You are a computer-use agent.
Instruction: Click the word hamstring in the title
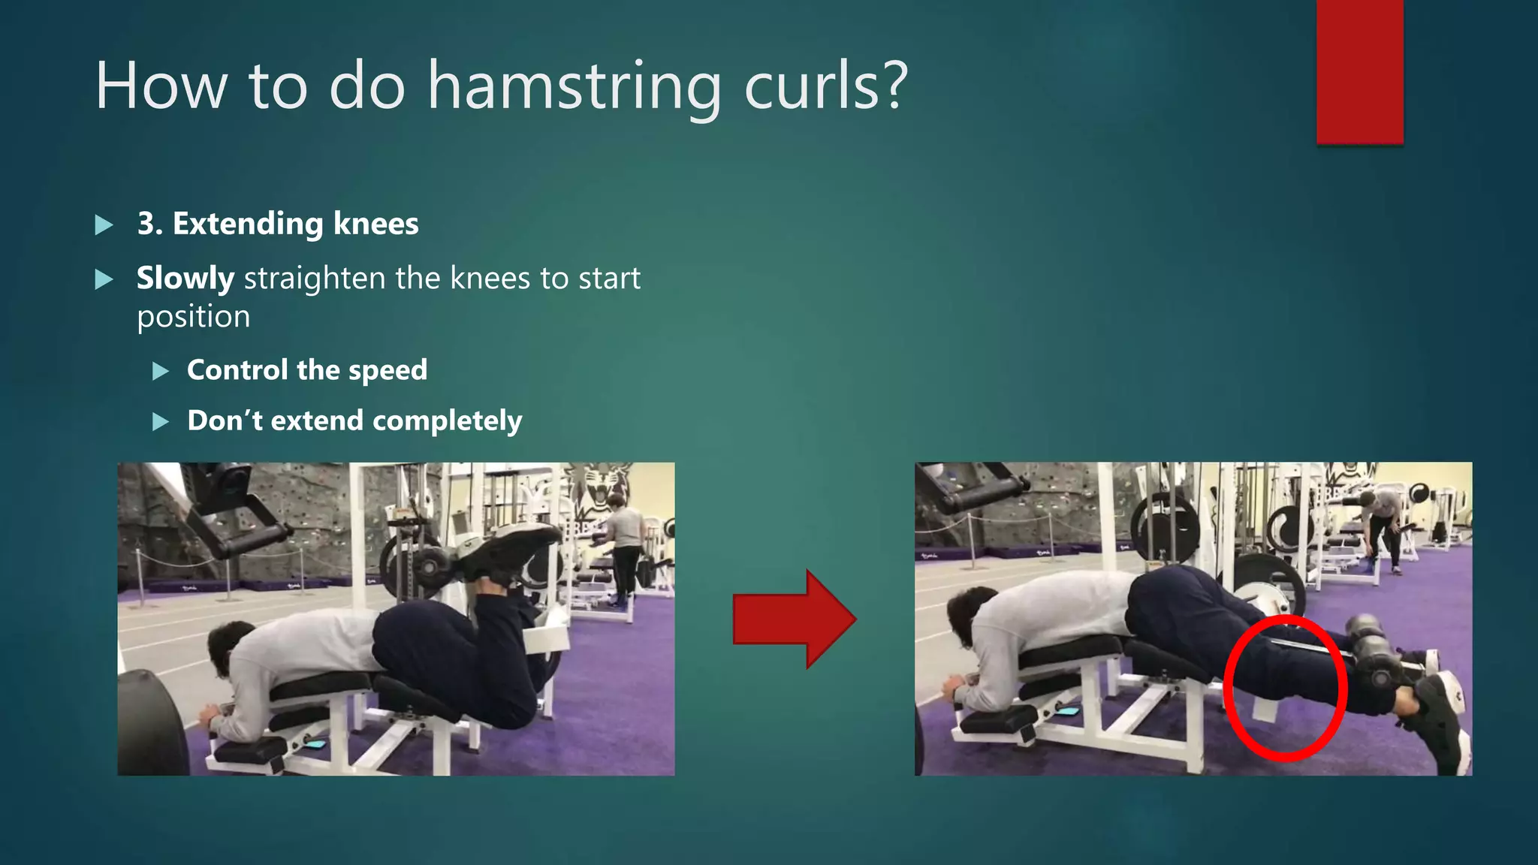[574, 87]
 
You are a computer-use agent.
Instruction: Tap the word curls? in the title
[826, 86]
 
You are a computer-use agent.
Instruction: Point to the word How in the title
[161, 86]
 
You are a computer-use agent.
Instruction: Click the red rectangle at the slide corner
[1359, 71]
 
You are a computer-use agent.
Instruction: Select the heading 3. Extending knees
[278, 224]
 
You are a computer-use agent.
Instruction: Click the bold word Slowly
[185, 279]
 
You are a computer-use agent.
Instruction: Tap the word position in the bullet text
[194, 317]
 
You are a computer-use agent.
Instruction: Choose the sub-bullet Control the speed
[307, 370]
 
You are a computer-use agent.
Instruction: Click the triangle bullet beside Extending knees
[104, 225]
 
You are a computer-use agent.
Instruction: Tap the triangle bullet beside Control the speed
[161, 371]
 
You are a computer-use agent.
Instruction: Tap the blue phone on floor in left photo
[315, 744]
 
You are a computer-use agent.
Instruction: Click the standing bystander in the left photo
[625, 548]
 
